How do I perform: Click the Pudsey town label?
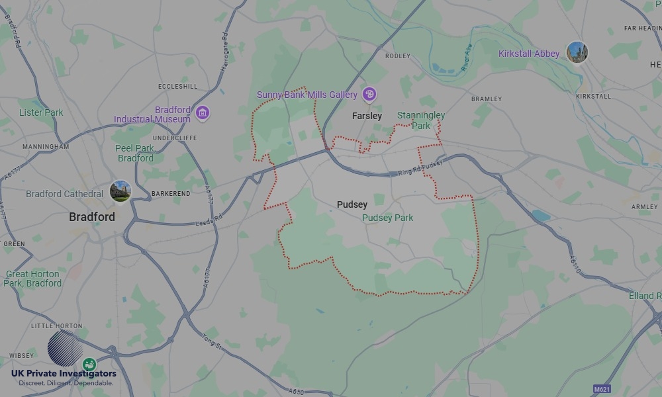[352, 204]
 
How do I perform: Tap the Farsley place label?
[367, 116]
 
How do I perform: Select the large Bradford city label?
[92, 217]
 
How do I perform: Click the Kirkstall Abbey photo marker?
[577, 52]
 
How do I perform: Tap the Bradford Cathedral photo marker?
[120, 191]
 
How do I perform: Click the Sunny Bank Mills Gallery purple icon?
[369, 95]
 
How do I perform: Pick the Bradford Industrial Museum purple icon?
[203, 113]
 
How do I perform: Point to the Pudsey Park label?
[387, 218]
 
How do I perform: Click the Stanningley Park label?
[421, 120]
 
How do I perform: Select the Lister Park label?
[41, 112]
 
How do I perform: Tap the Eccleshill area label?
[178, 87]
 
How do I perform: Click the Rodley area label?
[398, 56]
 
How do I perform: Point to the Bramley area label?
[487, 99]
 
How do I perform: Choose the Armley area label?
[645, 207]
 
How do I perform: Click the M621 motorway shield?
[601, 388]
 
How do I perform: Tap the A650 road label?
[297, 392]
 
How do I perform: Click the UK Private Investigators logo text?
[64, 375]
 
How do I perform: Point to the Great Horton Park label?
[32, 279]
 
